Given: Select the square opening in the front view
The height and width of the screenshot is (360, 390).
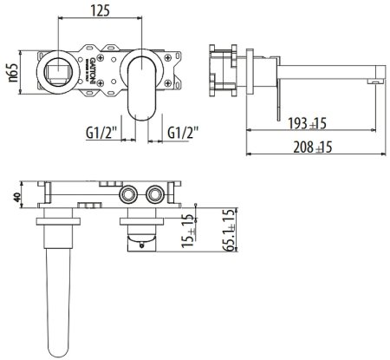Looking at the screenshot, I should (58, 69).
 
